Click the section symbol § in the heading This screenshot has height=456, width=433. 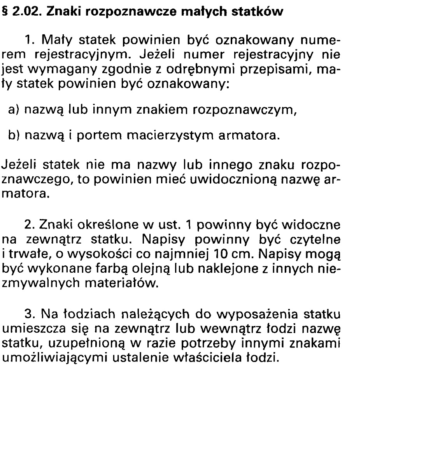click(x=6, y=12)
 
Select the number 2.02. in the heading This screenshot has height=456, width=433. click(x=27, y=12)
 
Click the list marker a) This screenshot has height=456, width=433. click(x=14, y=110)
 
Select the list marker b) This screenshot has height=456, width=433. click(x=14, y=136)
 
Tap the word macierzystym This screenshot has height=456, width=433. click(x=171, y=136)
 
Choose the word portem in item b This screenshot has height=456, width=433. click(x=93, y=136)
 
